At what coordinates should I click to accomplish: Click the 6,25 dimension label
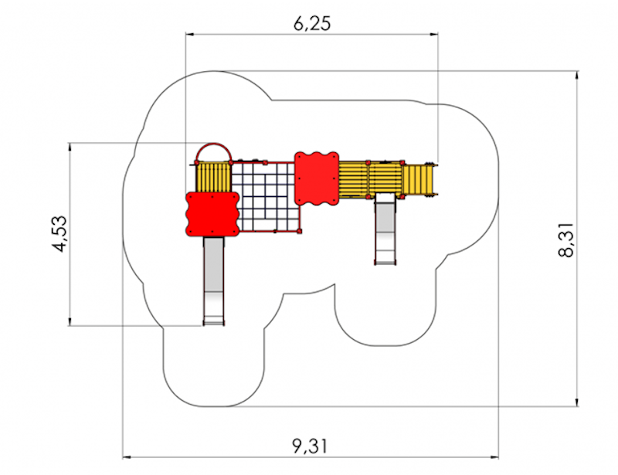point(312,24)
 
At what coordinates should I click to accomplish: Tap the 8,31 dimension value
point(566,240)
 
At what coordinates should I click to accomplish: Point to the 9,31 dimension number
point(311,446)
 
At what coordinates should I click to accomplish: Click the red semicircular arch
point(213,144)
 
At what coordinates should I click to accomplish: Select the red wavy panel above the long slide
point(212,214)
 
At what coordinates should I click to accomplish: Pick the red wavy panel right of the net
point(317,178)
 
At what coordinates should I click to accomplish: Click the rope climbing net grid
point(266,197)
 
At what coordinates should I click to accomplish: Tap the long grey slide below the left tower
point(214,281)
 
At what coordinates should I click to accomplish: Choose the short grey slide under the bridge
point(385,229)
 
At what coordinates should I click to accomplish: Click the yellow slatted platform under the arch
point(213,178)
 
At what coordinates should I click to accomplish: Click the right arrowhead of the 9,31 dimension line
point(494,458)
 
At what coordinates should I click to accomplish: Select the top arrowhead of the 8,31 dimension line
point(577,75)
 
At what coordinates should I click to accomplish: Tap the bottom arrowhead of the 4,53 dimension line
point(70,321)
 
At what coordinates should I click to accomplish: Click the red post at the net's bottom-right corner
point(299,231)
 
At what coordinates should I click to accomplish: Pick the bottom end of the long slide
point(214,324)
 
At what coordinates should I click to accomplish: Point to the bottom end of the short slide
point(385,263)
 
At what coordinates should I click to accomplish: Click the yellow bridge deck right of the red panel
point(371,179)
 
